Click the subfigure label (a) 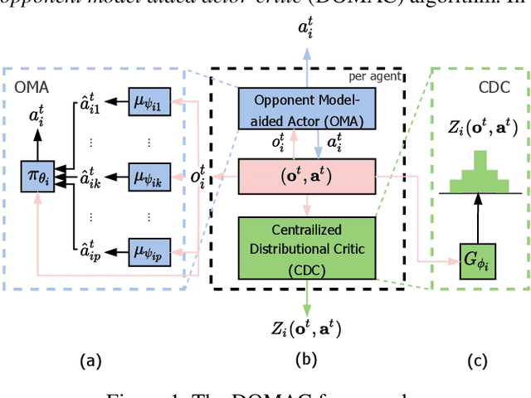tap(90, 361)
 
